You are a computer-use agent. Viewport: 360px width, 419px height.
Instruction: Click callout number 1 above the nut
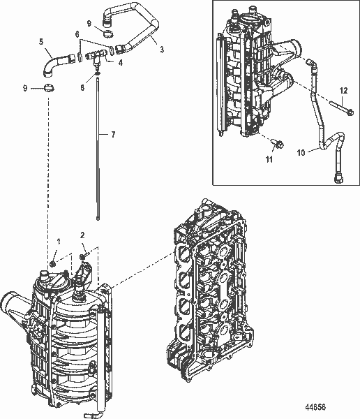click(x=59, y=241)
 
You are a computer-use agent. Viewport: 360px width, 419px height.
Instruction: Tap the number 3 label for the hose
click(x=162, y=50)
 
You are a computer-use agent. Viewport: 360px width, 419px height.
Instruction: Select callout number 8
click(x=82, y=87)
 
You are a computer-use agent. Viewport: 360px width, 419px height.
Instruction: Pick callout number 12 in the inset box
click(x=343, y=91)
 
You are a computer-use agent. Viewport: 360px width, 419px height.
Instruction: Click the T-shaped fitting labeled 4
click(x=97, y=53)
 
